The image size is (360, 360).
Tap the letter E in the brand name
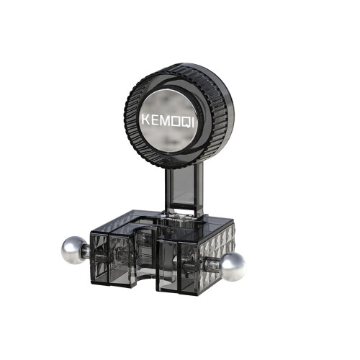156,120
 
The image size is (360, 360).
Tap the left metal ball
73,251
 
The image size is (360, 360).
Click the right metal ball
233,267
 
